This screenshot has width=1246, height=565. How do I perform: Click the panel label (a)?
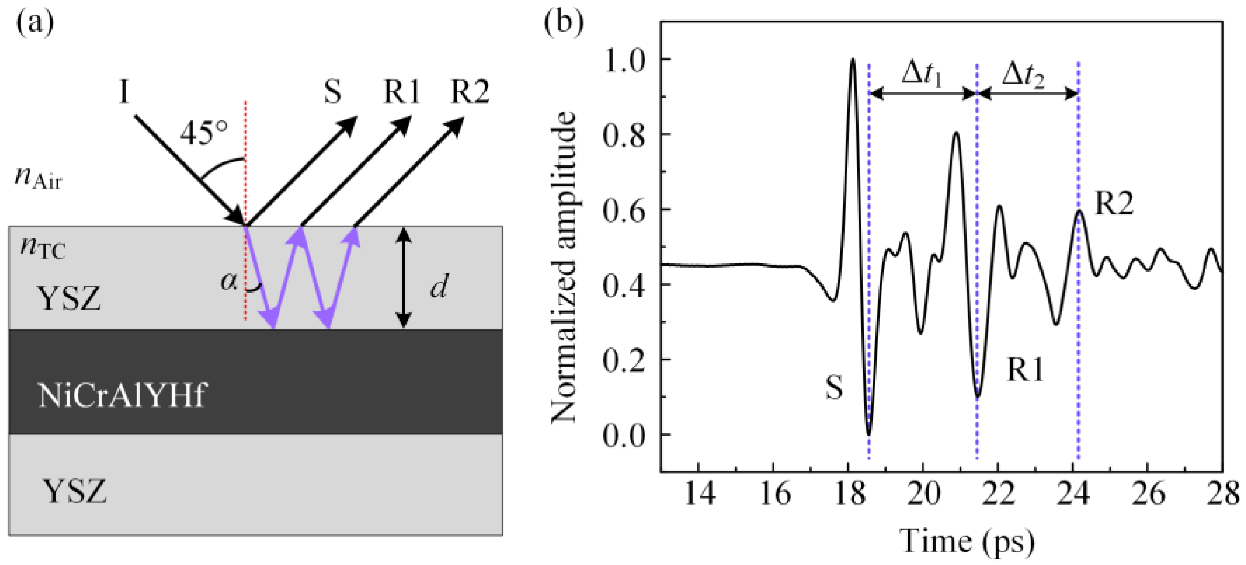pyautogui.click(x=35, y=23)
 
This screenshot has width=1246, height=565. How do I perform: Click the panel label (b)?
pyautogui.click(x=564, y=23)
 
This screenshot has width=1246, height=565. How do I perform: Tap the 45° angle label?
pyautogui.click(x=204, y=133)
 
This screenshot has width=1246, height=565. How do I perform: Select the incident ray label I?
pyautogui.click(x=124, y=92)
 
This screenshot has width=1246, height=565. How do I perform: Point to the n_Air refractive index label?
pyautogui.click(x=39, y=179)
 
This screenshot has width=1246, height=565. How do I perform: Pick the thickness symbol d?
pyautogui.click(x=439, y=287)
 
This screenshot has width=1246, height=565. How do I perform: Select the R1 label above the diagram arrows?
pyautogui.click(x=401, y=92)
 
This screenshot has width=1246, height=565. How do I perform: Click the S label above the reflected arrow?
pyautogui.click(x=332, y=92)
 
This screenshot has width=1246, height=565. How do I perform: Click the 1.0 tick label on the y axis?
pyautogui.click(x=624, y=60)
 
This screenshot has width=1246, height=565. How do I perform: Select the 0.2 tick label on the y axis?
pyautogui.click(x=624, y=360)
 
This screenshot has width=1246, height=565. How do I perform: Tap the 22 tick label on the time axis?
pyautogui.click(x=998, y=494)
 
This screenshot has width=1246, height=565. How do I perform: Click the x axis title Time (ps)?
pyautogui.click(x=967, y=541)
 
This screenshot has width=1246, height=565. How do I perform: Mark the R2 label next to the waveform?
pyautogui.click(x=1114, y=203)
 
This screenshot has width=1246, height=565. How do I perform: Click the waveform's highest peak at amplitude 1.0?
pyautogui.click(x=852, y=60)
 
